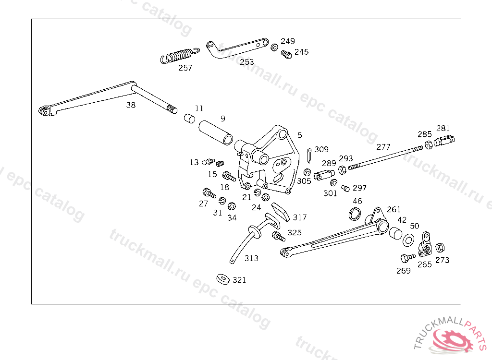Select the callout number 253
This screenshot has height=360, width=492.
point(246,62)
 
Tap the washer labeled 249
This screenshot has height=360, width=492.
point(274,48)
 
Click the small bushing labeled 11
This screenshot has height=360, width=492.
point(189,119)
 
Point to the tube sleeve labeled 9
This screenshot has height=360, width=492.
point(216,132)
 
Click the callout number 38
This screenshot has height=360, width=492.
point(131,105)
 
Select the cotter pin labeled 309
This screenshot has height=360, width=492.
point(309,156)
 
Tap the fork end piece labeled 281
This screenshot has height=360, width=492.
point(444,141)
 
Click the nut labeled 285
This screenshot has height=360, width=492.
point(429,145)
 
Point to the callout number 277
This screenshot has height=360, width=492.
point(383,147)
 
